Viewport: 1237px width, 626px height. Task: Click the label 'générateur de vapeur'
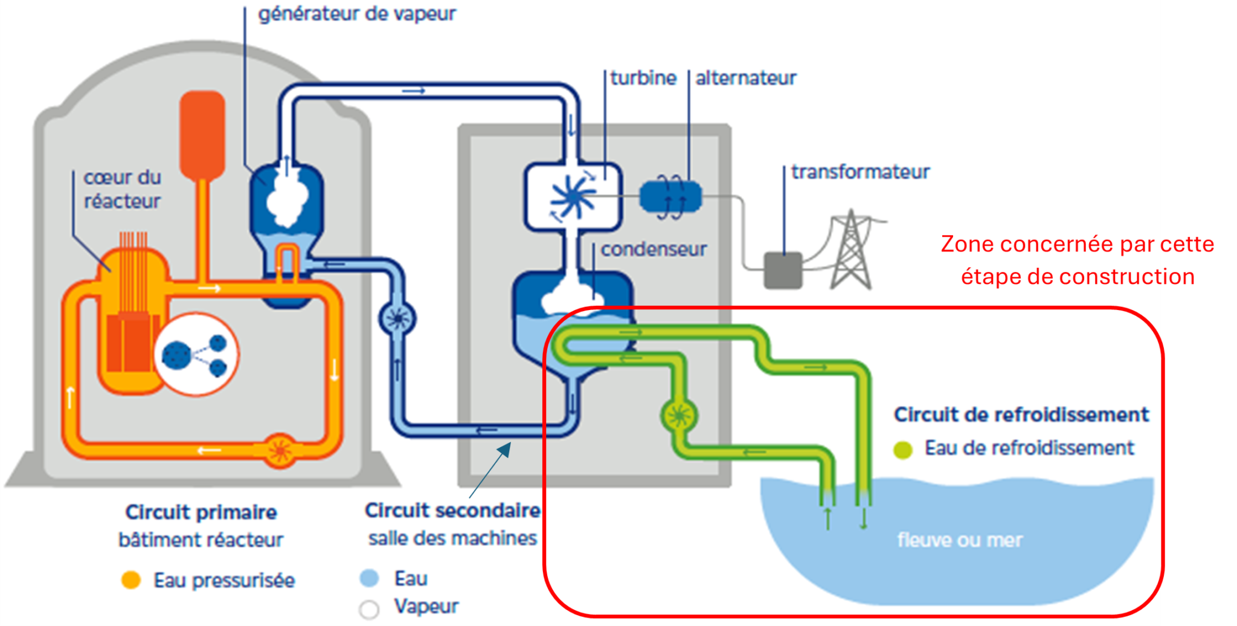(x=356, y=13)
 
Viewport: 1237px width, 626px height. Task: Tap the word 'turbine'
(x=643, y=78)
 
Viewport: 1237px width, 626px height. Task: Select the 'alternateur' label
(x=745, y=78)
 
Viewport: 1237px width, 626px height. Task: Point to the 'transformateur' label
(x=860, y=172)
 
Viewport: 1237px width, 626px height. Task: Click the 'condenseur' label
(x=653, y=249)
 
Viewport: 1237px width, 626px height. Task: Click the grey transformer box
(x=783, y=270)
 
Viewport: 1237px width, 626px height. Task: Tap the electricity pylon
(x=850, y=251)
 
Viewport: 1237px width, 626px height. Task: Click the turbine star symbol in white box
(x=572, y=197)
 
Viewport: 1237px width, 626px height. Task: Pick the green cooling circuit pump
(x=679, y=416)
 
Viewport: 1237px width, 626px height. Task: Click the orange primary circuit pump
(x=280, y=451)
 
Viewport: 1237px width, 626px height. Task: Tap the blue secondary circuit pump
(x=397, y=318)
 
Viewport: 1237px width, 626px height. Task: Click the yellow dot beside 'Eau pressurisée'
(x=131, y=580)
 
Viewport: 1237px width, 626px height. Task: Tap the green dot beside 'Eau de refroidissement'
(x=902, y=450)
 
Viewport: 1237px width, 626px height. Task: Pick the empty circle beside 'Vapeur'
(x=369, y=609)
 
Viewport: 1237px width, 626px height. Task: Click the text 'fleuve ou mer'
(x=959, y=540)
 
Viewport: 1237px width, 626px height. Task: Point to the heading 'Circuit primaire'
(x=201, y=512)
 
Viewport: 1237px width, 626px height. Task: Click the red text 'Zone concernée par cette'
(x=1077, y=244)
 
